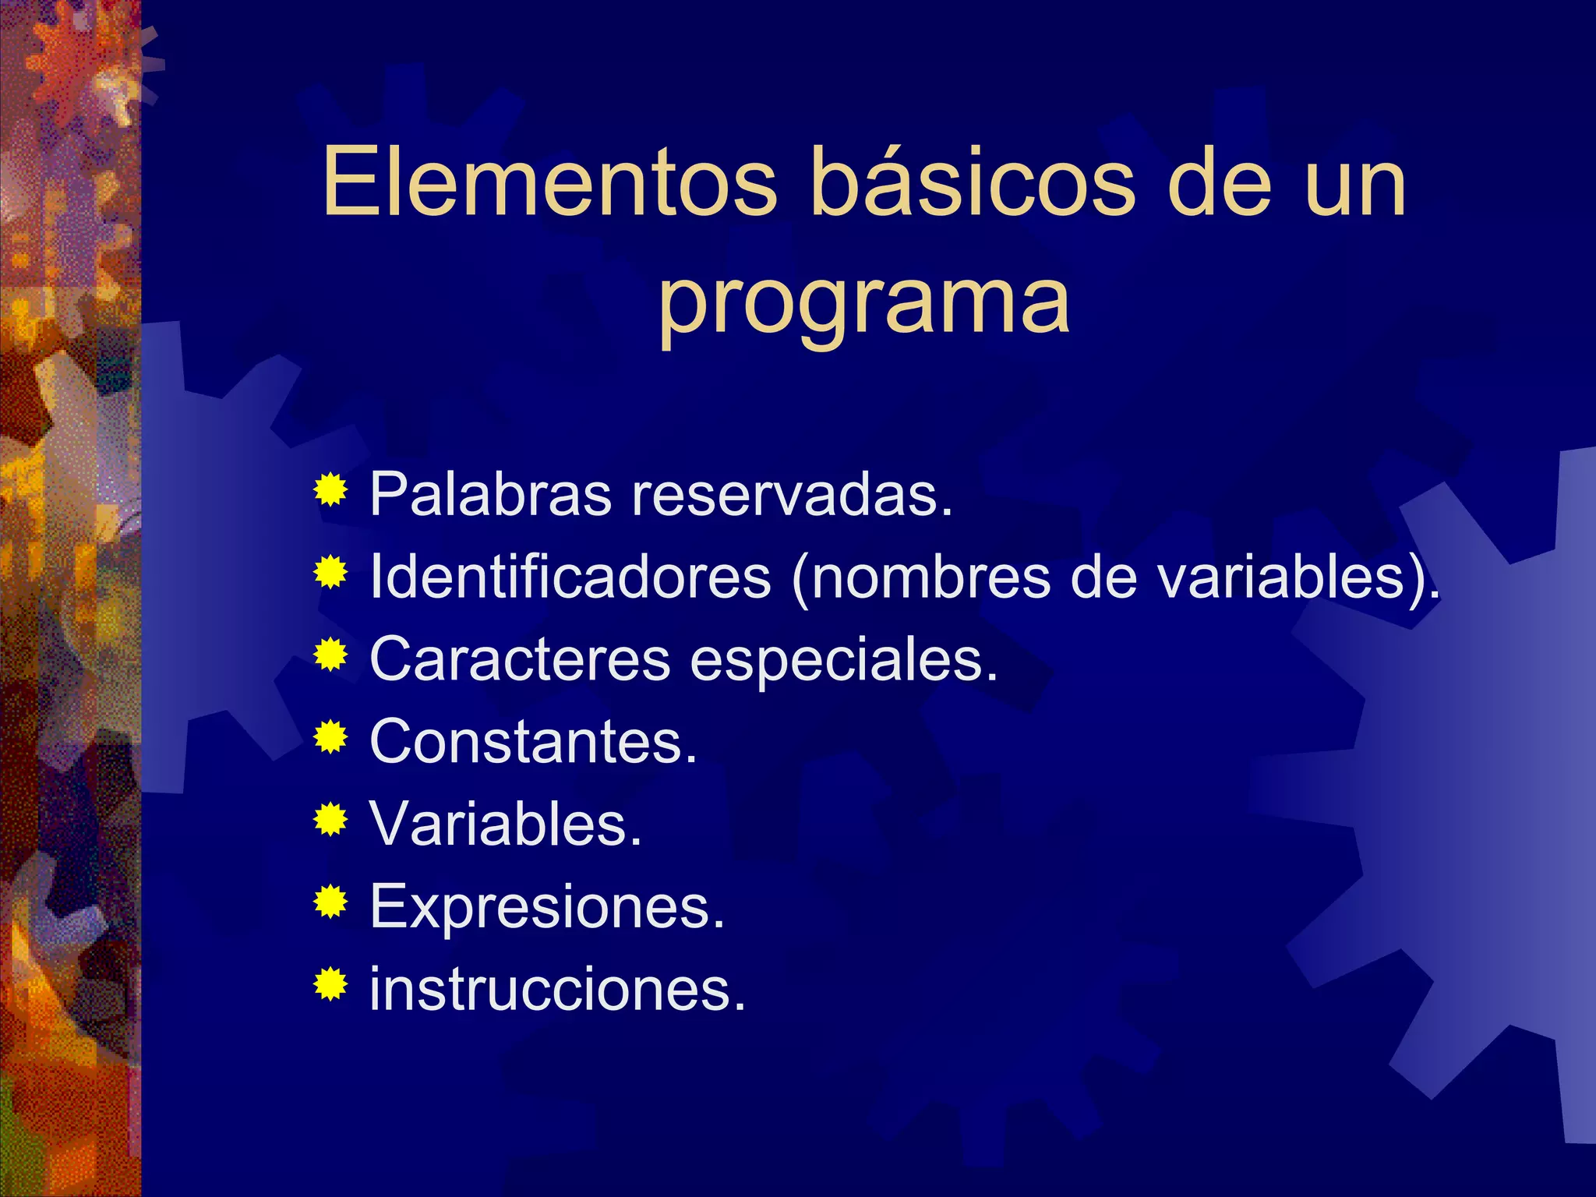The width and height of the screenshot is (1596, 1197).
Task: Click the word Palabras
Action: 490,494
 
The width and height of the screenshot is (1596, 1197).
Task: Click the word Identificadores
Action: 570,577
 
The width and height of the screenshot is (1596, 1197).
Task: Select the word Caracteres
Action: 519,659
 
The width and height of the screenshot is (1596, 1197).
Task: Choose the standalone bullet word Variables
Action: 505,824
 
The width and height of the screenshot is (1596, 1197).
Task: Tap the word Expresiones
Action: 546,907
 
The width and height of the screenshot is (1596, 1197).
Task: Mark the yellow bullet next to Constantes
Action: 331,737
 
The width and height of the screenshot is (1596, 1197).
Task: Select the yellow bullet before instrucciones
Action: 331,984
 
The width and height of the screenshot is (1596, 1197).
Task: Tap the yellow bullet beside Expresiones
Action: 331,902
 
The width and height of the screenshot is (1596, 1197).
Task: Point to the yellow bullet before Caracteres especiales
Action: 331,655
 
